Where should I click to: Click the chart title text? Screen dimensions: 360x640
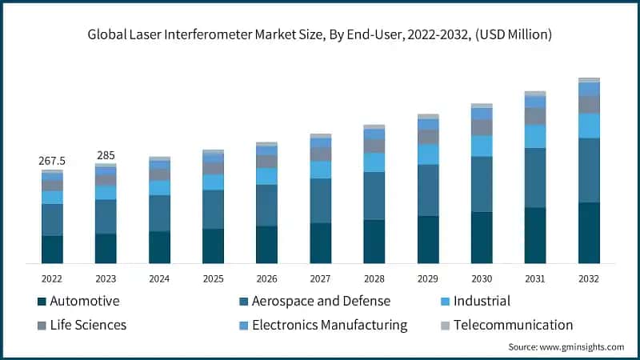point(320,34)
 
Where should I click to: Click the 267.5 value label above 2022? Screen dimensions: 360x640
point(52,161)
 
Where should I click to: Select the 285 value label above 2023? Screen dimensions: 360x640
point(106,154)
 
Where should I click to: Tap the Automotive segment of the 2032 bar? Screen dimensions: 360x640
point(590,233)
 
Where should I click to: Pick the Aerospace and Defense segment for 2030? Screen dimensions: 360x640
point(482,184)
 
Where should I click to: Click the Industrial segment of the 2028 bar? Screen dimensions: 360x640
point(374,162)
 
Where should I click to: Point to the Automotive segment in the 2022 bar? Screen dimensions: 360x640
point(52,249)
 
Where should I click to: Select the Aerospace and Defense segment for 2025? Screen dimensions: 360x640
point(213,210)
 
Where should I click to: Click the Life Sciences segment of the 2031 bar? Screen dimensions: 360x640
point(535,116)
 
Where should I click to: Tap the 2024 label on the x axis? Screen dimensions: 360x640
point(159,278)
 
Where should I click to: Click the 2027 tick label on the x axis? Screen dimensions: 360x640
point(320,278)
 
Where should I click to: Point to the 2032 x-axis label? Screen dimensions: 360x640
point(588,278)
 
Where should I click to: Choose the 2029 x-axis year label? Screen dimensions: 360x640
point(427,278)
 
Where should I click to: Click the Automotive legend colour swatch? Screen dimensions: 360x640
point(42,302)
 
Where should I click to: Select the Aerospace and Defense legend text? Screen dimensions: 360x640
point(321,301)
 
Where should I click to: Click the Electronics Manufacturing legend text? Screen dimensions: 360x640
point(330,325)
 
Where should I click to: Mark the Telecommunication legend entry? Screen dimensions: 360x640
point(513,325)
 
